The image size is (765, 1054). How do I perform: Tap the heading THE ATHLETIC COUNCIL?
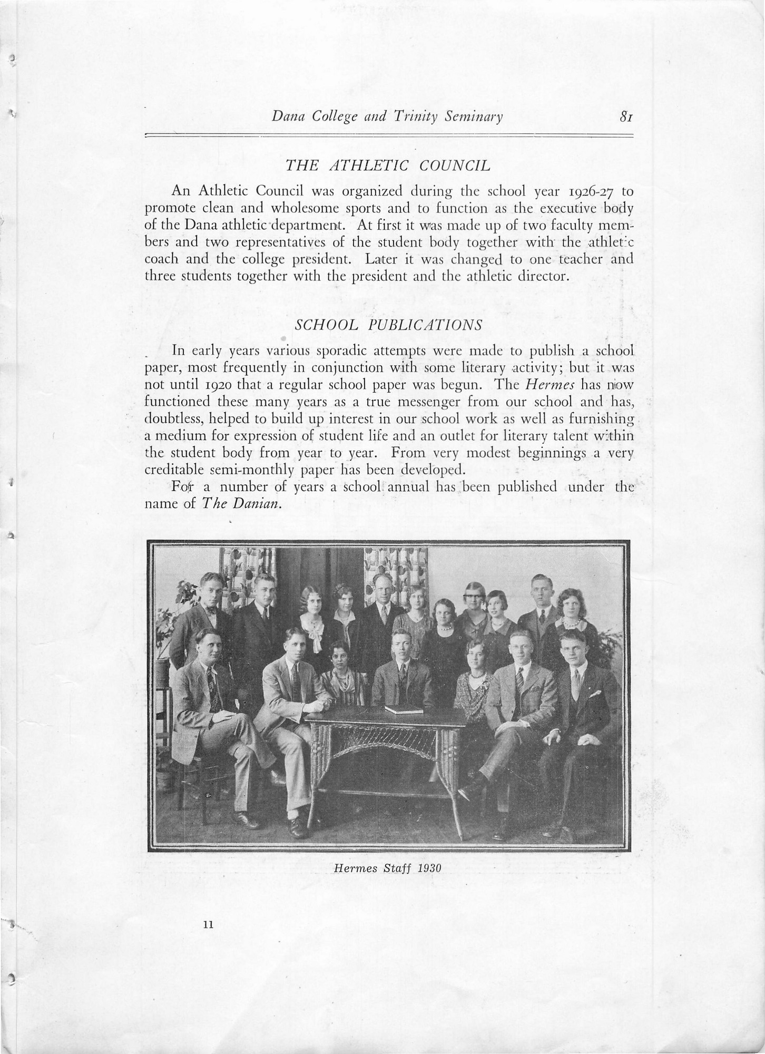pos(388,166)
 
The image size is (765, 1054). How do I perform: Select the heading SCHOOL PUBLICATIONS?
pos(389,325)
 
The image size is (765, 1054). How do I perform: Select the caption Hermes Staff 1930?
pos(387,867)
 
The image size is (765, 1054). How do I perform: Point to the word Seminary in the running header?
pos(473,116)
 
